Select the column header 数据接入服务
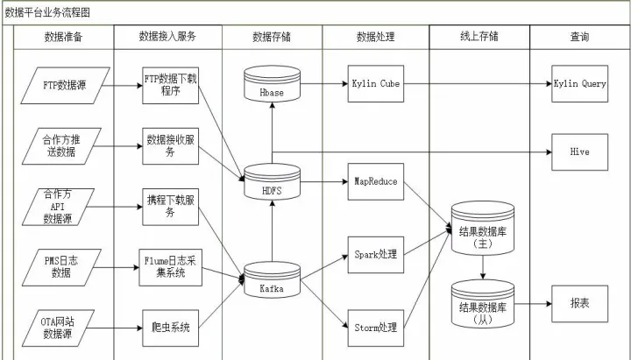(x=167, y=38)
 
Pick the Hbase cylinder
(x=272, y=84)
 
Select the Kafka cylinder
(x=272, y=282)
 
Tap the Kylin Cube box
(x=375, y=84)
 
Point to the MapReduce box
(x=375, y=181)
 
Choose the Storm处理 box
(x=375, y=327)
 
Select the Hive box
(x=579, y=152)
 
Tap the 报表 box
(x=579, y=302)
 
